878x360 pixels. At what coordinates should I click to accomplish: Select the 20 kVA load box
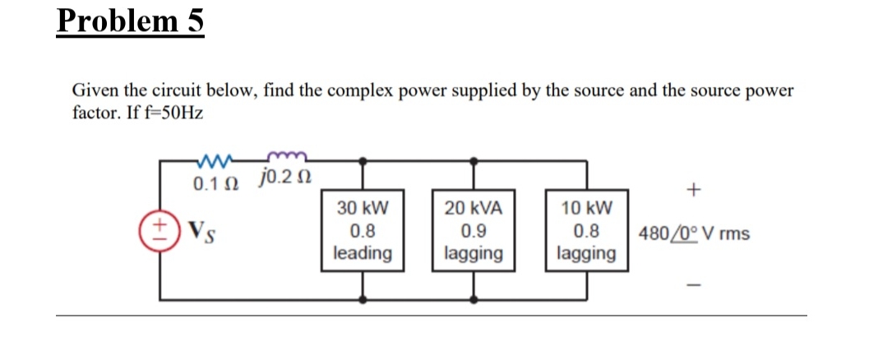[x=473, y=230]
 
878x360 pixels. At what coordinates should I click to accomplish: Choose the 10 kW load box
[x=585, y=230]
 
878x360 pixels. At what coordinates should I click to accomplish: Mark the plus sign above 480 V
[x=695, y=191]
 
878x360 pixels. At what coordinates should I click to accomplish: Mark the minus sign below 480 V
[x=695, y=284]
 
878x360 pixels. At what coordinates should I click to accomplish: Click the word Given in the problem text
[x=93, y=90]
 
